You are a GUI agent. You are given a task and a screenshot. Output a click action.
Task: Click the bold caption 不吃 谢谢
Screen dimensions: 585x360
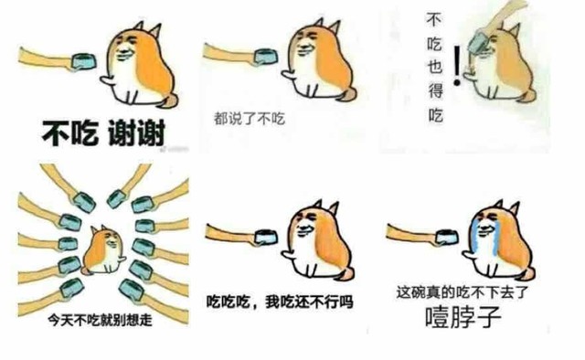click(x=103, y=133)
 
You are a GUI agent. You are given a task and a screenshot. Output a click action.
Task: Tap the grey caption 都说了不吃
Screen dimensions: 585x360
click(x=250, y=119)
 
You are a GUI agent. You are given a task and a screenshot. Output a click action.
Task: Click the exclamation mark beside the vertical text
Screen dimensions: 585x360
click(x=457, y=66)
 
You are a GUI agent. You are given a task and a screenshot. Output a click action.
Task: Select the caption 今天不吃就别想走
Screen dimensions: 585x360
click(x=100, y=320)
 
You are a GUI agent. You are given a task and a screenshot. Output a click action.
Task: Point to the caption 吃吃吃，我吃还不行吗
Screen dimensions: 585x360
click(x=280, y=302)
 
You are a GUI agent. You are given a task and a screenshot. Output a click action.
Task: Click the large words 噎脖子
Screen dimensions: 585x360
click(x=463, y=317)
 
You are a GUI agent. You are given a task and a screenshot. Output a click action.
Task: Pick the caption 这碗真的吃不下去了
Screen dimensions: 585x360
click(x=463, y=292)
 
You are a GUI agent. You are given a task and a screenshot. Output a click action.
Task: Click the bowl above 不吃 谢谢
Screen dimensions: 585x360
click(x=83, y=61)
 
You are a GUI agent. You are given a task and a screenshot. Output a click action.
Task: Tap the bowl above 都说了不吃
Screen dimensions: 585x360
click(x=266, y=58)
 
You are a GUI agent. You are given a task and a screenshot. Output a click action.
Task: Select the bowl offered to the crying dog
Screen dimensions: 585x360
click(x=447, y=238)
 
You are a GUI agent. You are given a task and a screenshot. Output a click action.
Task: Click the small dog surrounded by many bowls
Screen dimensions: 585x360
click(x=103, y=249)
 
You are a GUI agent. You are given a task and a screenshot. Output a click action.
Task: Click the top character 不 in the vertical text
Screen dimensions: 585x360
click(x=433, y=19)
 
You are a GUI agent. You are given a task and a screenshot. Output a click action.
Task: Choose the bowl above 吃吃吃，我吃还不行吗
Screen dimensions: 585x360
click(x=266, y=238)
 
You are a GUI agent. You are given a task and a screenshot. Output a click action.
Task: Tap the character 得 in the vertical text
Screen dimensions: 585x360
click(x=435, y=90)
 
